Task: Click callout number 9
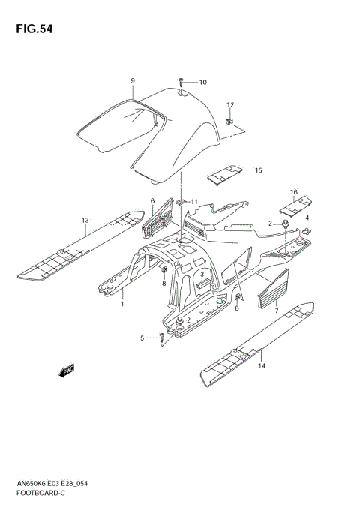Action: tap(132, 80)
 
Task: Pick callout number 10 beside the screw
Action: tap(202, 82)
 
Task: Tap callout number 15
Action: tap(258, 170)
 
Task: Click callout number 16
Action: tap(295, 192)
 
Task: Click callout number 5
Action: tap(141, 338)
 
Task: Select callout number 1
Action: tap(122, 305)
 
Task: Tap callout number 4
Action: tap(307, 218)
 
